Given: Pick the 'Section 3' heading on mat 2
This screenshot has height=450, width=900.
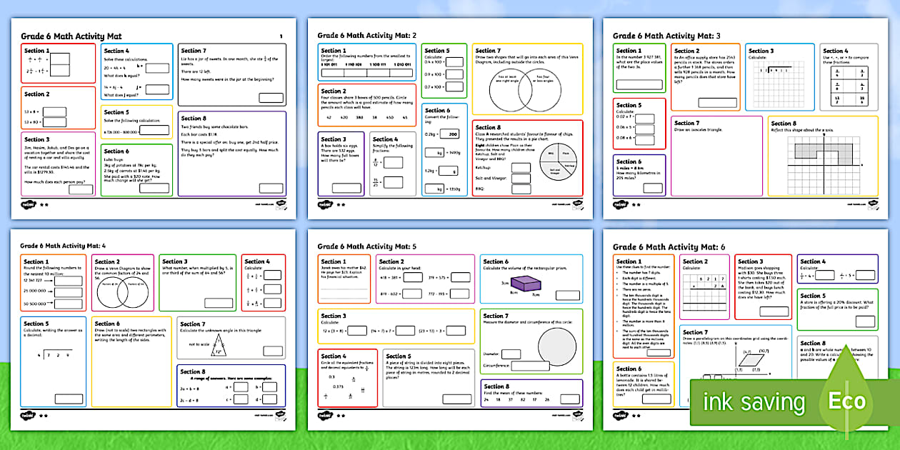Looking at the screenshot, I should coord(334,139).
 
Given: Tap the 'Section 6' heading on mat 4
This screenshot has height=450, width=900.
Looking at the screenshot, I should coord(107,324).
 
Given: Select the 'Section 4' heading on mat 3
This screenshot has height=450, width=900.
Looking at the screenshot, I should coord(834,51).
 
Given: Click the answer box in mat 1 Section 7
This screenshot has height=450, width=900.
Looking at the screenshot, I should coord(271,98).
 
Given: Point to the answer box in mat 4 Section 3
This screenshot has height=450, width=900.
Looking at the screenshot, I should coord(219,303).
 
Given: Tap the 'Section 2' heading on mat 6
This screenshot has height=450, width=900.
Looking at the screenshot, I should coord(696,261).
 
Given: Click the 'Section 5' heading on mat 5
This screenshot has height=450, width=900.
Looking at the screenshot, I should coord(398,356).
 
